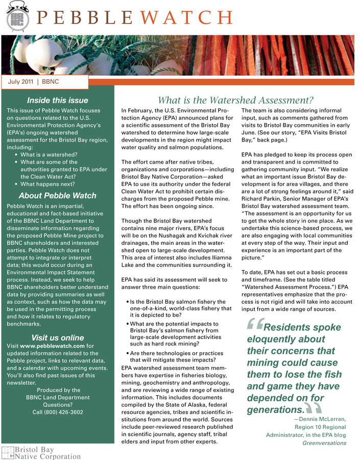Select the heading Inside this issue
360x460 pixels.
point(57,100)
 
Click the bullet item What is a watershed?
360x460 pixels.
point(49,154)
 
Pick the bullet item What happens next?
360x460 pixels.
point(47,183)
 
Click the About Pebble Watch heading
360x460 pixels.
point(57,195)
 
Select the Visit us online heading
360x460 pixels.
point(57,337)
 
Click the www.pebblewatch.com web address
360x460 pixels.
point(53,346)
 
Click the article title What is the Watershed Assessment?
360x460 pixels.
point(235,100)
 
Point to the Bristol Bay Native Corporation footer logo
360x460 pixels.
point(41,453)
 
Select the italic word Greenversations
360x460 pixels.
point(324,443)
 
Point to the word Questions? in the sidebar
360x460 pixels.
point(58,404)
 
